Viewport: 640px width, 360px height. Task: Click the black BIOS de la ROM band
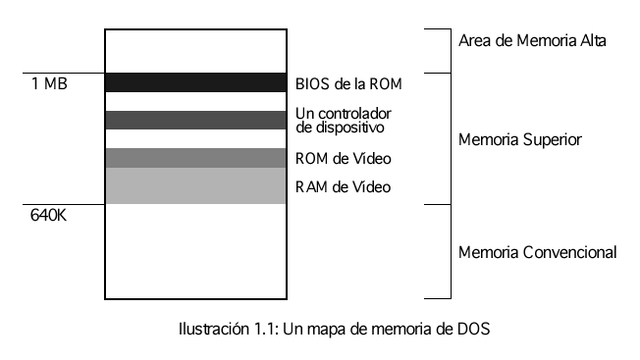[x=195, y=82]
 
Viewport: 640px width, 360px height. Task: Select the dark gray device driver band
[x=195, y=120]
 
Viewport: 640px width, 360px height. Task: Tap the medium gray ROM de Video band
[x=195, y=158]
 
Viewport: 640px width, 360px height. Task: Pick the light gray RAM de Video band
[x=195, y=185]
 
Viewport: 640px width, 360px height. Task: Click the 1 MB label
[x=49, y=85]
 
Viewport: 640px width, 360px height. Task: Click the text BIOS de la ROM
[x=348, y=84]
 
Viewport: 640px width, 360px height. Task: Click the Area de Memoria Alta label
[x=533, y=41]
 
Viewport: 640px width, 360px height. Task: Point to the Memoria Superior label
[x=521, y=139]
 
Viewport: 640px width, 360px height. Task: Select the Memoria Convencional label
[x=538, y=252]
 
